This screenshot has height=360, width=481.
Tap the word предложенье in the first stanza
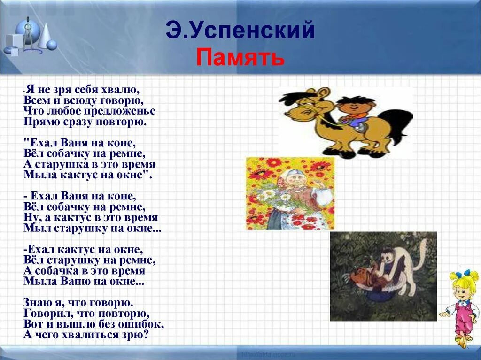[119, 111]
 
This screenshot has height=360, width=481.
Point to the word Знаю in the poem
[37, 301]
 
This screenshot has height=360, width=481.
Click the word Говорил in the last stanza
[45, 313]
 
